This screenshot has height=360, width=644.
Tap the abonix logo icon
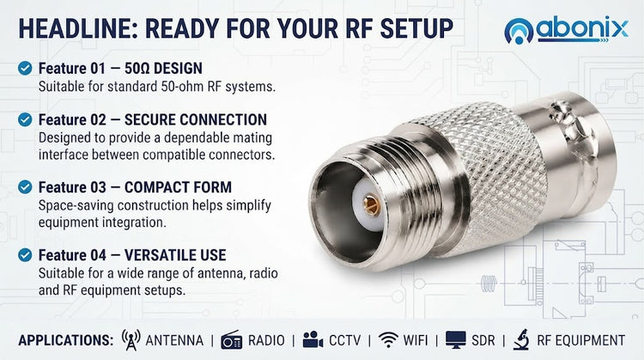519,31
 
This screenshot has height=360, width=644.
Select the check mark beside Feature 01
25,68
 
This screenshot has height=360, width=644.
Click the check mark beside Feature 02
25,119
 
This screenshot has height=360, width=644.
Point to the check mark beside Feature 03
25,187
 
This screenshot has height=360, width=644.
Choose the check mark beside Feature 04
25,255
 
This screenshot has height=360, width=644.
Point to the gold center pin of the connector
371,204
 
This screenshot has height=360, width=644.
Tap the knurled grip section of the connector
489,173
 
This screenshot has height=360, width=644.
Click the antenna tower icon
131,340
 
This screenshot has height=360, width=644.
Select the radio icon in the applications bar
232,340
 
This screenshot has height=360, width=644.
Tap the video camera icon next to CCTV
313,340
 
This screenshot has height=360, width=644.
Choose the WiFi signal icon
388,340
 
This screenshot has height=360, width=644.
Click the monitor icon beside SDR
456,340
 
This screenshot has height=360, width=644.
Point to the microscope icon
521,340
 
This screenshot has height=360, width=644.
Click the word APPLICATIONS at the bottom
66,340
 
